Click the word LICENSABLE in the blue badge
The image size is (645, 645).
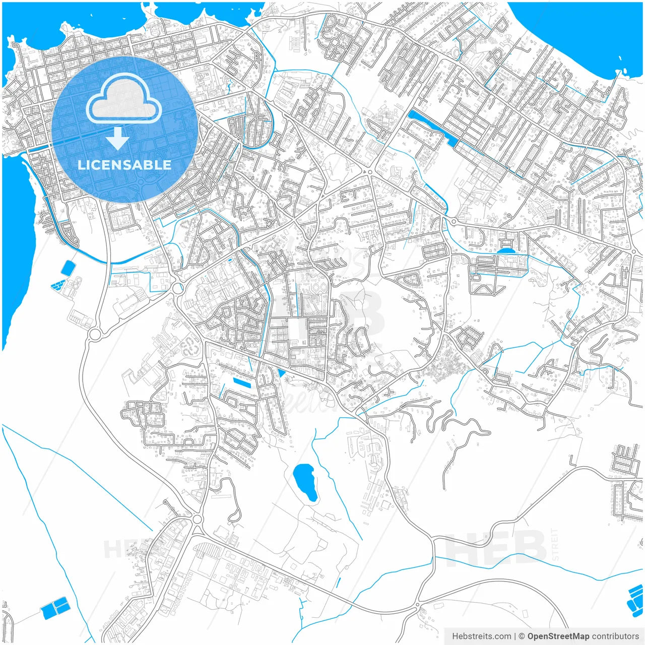[x=124, y=165]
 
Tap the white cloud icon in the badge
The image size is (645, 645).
[x=124, y=99]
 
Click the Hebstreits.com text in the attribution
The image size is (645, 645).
[x=482, y=636]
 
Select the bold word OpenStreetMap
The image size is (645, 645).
[x=558, y=636]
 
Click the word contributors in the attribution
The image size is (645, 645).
[x=615, y=636]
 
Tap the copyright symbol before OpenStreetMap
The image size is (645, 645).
[x=522, y=636]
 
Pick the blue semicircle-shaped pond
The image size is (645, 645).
[x=506, y=250]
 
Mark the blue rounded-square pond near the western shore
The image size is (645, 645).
[x=68, y=268]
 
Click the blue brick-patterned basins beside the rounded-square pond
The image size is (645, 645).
[x=58, y=285]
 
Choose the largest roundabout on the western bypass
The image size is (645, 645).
[x=94, y=334]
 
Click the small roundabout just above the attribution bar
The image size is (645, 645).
[x=418, y=605]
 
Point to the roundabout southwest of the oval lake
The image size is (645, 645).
[x=197, y=519]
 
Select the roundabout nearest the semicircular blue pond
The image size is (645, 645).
[x=454, y=222]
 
